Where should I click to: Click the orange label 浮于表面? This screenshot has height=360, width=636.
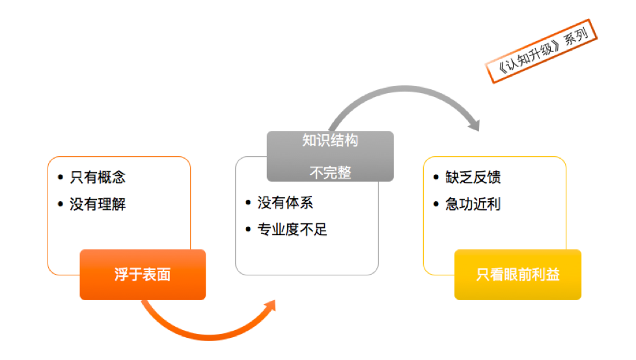point(143,275)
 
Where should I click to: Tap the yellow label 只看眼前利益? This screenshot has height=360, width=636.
point(518,275)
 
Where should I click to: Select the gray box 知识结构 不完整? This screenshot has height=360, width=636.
point(330,156)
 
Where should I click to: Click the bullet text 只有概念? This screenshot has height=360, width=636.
point(98,177)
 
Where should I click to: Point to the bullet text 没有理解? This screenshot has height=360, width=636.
point(98,204)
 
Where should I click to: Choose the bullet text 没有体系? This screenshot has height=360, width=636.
point(285,202)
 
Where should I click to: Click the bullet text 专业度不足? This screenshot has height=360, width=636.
point(292,230)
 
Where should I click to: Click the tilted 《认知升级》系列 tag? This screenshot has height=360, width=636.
point(542,51)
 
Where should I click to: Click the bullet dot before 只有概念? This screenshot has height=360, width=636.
point(61,177)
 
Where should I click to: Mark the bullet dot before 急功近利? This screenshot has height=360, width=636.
point(436,204)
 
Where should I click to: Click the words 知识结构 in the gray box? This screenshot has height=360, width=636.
point(330,141)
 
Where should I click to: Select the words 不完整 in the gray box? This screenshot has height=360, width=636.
point(330,173)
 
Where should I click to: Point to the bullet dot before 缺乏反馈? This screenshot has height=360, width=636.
point(436,178)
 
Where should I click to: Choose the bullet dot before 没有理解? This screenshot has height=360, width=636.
point(61,204)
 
